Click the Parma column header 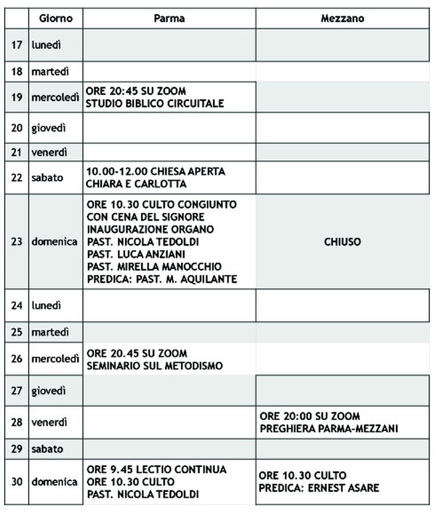[169, 19]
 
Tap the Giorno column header [56, 19]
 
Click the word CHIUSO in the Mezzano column [342, 242]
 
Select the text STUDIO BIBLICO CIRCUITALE [154, 103]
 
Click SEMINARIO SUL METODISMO [154, 365]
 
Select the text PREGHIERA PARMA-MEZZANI [329, 429]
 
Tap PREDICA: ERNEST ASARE [319, 488]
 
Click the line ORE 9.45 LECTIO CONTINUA [156, 469]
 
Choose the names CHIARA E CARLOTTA [136, 184]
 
